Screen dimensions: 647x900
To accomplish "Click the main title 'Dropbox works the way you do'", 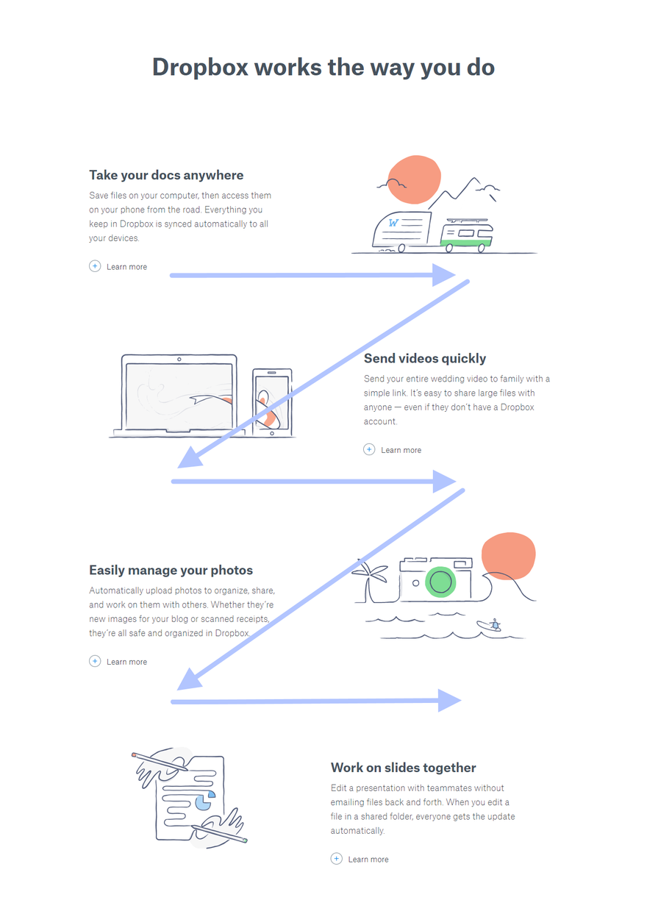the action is pos(323,67).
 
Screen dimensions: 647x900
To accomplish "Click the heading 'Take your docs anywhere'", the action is pos(166,175).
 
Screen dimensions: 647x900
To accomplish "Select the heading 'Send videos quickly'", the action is pos(425,358).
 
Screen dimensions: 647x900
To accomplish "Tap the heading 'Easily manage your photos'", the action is pos(171,570).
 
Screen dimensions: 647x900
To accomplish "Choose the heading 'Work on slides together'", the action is pos(403,768).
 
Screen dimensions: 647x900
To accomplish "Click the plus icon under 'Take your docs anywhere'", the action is pos(95,266).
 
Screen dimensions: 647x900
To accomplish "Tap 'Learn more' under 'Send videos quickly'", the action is pos(401,450).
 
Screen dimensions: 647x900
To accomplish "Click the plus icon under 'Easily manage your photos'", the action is pos(95,661).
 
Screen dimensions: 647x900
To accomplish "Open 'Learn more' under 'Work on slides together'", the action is pos(368,859).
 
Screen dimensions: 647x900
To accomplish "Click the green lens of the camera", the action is pos(440,582).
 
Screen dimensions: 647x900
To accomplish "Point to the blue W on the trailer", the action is pos(393,223).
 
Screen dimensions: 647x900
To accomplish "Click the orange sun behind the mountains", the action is pos(414,179).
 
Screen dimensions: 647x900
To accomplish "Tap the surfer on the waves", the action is pos(490,625).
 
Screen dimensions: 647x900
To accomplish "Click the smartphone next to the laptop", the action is pos(272,402).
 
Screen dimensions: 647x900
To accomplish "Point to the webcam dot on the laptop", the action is pos(179,360).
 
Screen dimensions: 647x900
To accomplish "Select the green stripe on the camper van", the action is pos(466,243).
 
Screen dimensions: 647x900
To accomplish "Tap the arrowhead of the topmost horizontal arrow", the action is pos(443,275).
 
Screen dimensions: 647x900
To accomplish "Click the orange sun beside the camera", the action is pos(508,556).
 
